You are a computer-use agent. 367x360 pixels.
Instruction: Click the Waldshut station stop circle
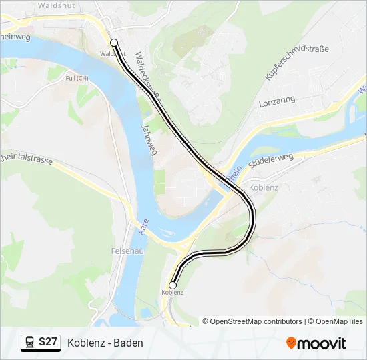pos(114,43)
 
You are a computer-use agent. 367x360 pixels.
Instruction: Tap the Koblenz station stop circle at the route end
pos(173,285)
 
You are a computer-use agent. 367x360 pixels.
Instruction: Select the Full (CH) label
pos(77,78)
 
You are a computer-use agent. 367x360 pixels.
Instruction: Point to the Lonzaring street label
pos(276,101)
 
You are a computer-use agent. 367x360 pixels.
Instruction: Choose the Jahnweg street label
pos(149,139)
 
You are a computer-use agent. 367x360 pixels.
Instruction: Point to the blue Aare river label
pos(143,227)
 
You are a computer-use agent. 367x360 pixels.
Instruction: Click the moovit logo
pos(316,343)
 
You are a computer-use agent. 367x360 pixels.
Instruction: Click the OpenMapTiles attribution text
pos(338,321)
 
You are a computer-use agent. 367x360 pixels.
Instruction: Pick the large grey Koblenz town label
pos(262,187)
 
